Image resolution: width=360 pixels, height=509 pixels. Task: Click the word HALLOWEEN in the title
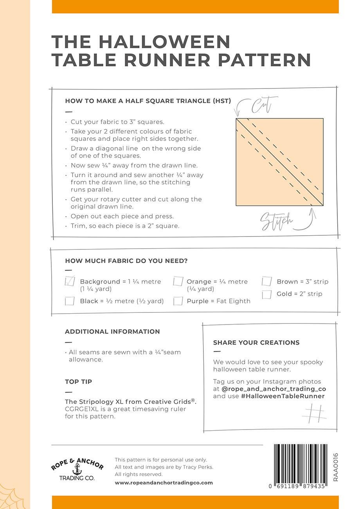click(164, 42)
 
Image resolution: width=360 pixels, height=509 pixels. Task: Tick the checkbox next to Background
click(70, 281)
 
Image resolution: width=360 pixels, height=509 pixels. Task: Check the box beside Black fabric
click(70, 301)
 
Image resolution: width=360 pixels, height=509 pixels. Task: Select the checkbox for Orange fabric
click(178, 282)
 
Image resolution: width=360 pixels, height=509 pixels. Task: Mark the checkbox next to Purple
click(178, 301)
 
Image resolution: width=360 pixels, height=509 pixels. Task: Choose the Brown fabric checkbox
click(267, 282)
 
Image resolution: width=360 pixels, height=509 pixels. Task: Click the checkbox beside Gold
click(267, 294)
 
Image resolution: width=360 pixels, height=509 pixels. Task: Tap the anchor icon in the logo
click(77, 469)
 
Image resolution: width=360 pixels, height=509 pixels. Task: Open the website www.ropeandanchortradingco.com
click(164, 483)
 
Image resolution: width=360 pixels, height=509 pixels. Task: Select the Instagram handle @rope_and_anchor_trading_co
click(274, 389)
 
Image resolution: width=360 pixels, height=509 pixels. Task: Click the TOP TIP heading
click(79, 381)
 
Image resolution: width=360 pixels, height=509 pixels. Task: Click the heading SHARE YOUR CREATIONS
click(256, 343)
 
